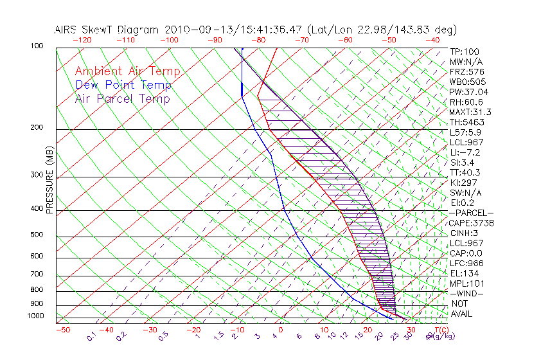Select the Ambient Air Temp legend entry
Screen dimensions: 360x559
[x=127, y=71]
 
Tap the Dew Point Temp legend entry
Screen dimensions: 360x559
[x=123, y=85]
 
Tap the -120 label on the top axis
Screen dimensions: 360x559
[x=82, y=40]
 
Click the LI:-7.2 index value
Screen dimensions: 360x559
[x=465, y=152]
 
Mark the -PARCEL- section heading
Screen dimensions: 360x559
[x=472, y=213]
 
